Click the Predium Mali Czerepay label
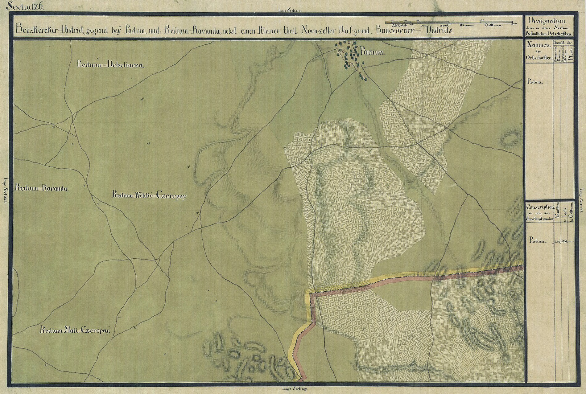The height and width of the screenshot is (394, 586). (75, 331)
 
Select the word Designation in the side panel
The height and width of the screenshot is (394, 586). (547, 21)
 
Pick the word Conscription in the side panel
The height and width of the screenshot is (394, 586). (540, 207)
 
